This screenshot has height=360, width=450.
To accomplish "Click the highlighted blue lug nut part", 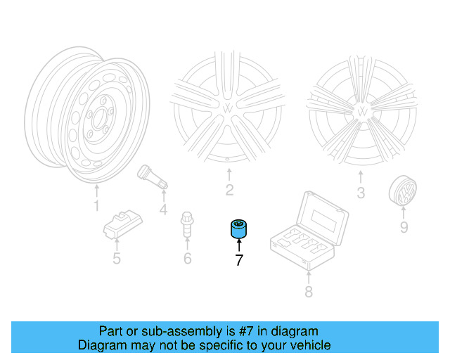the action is coord(238,229).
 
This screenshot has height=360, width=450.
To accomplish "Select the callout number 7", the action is coord(238,260).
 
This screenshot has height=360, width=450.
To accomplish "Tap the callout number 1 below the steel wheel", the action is coord(96,206).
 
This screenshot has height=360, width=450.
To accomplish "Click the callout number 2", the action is coord(229,190).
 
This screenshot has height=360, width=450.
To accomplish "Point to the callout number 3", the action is coord(361,193).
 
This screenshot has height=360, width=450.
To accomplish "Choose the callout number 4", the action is coord(163,209).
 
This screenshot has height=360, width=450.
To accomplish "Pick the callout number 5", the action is coord(117,259).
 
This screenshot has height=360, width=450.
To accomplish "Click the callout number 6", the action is coord(187,259).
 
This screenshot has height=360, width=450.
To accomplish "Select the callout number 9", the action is coord(404,226).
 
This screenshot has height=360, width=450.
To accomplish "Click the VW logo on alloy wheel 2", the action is coord(229,108).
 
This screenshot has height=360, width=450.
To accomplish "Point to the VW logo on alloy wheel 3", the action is coord(362,111).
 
